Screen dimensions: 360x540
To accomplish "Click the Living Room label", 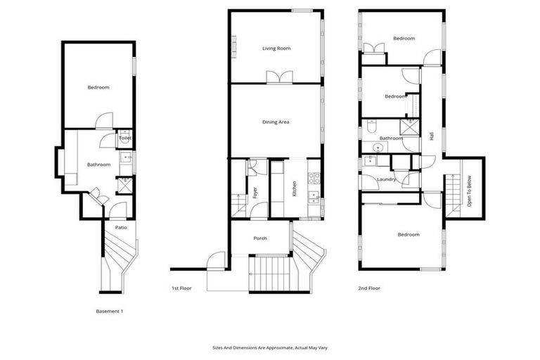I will tap(276, 49).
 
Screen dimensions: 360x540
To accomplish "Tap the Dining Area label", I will tap(276, 122).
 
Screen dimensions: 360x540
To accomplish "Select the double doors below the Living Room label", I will tap(276, 77).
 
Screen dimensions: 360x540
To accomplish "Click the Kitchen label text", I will tap(295, 188).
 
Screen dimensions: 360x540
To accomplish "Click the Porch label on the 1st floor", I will tap(259, 238).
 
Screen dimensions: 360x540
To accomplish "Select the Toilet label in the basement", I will tap(124, 139).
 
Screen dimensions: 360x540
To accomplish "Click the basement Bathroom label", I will tap(98, 165).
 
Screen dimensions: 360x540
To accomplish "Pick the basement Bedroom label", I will tap(98, 87).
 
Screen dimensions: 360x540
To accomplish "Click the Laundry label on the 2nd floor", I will tap(386, 179).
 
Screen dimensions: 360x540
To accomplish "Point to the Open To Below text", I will tap(469, 191).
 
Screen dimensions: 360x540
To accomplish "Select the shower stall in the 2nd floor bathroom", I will tap(407, 127).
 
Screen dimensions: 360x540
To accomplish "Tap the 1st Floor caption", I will tap(181, 288).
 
